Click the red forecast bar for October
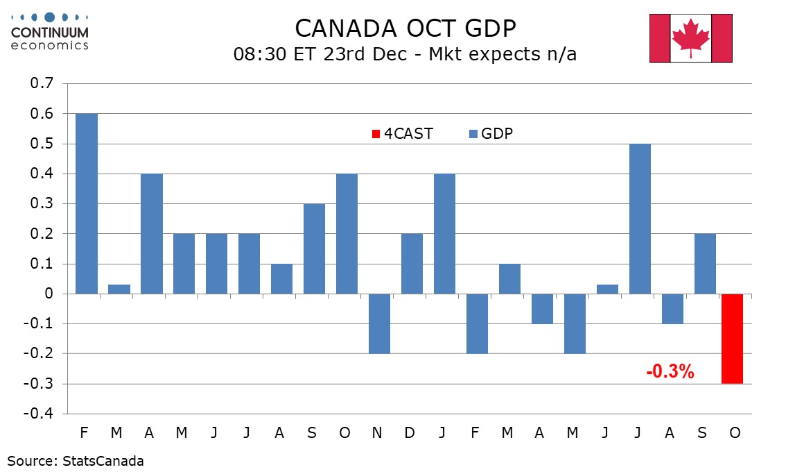tap(732, 339)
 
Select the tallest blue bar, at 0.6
tap(87, 203)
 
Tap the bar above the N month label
tap(380, 323)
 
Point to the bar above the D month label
tap(412, 264)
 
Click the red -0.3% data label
tap(670, 371)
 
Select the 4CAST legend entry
tap(403, 134)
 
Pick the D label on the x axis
tap(410, 433)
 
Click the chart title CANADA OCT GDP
tap(405, 28)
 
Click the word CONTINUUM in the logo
tap(49, 33)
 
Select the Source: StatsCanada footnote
tap(76, 460)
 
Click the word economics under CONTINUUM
tap(49, 45)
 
